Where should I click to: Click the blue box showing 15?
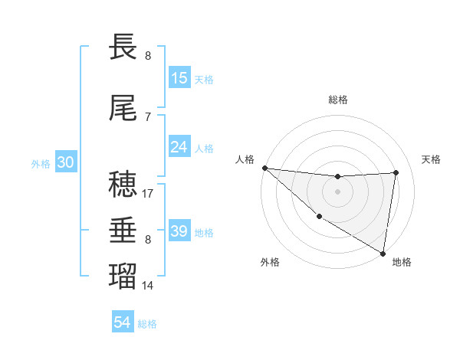[179, 78]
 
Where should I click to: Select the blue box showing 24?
[179, 147]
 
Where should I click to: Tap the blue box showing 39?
[179, 231]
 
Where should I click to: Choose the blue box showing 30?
[65, 162]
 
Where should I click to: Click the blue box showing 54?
[123, 323]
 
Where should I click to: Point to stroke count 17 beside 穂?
[148, 194]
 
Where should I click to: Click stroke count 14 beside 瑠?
[148, 286]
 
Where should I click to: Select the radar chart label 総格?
[338, 100]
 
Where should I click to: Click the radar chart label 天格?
[432, 159]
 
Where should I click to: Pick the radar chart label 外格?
[270, 262]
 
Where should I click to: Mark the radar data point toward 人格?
[264, 168]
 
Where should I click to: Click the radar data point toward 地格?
[383, 253]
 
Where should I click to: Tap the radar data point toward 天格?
[396, 172]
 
